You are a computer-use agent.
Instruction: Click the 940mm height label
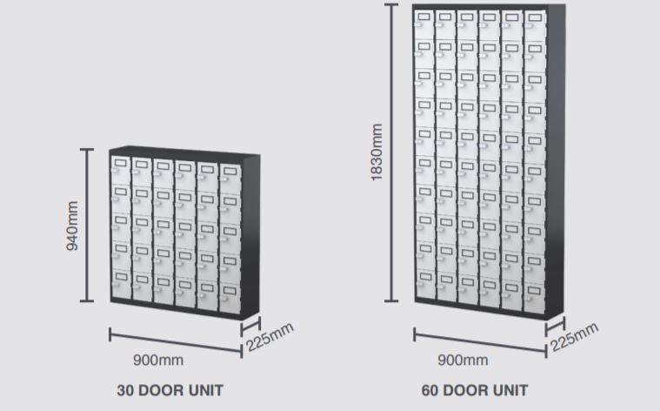pos(72,226)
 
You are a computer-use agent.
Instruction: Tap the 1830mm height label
pos(377,152)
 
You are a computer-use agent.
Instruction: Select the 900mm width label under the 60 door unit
pos(462,360)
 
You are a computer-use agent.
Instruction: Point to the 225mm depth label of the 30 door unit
pos(270,337)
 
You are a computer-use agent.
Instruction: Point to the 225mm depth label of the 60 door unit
pos(575,337)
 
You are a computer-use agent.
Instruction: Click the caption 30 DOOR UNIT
pos(170,390)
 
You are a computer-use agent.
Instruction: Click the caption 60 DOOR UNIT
pos(474,390)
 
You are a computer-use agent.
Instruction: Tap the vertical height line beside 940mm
pos(87,226)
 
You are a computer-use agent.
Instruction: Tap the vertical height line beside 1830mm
pos(392,152)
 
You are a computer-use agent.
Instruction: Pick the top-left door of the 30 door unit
pos(119,168)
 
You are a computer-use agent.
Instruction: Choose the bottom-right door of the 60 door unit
pos(534,294)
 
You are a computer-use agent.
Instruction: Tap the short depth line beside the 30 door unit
pos(250,327)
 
